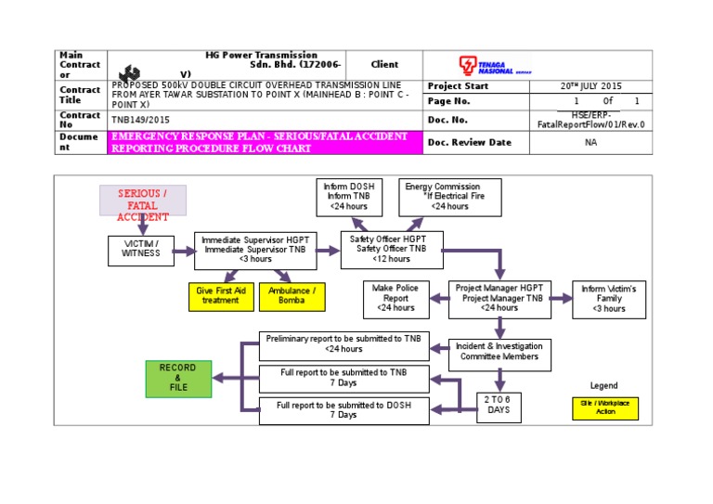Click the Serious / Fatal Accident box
point(143,200)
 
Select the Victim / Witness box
point(141,249)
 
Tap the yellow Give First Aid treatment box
point(220,295)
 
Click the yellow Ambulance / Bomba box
point(292,295)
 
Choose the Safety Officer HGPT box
point(392,250)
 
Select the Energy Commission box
point(449,197)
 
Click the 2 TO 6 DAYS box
point(499,405)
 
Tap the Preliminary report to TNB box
point(344,344)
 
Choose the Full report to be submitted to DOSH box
point(344,410)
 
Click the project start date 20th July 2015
point(590,85)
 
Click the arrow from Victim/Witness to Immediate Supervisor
point(184,250)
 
